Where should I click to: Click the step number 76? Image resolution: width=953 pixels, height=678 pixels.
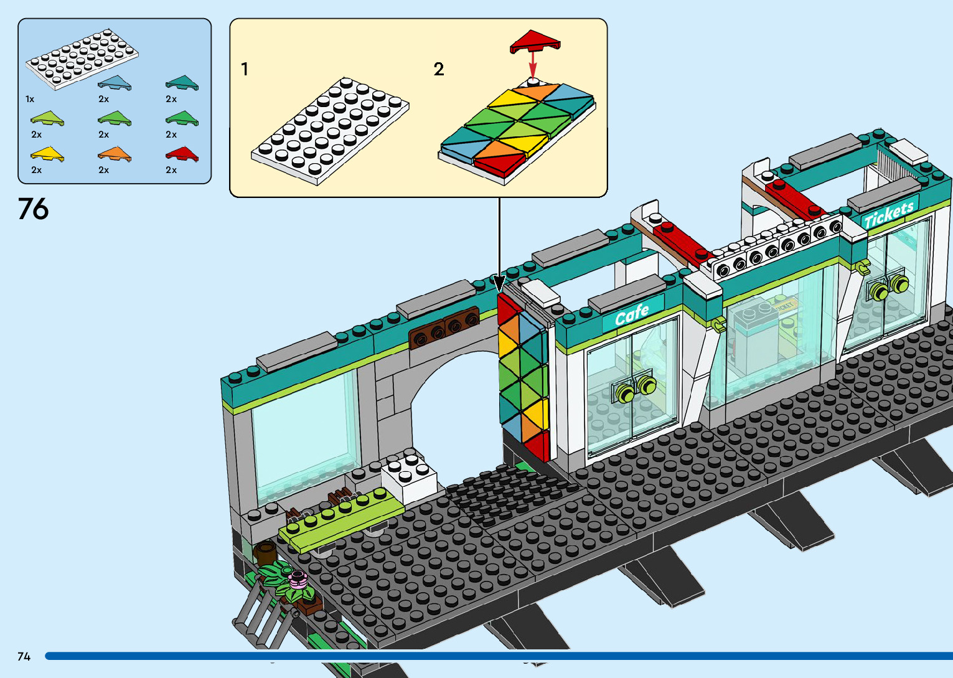33,209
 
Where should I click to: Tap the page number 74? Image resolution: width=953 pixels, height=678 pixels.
24,656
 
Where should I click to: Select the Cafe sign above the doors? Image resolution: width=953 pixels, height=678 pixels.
632,314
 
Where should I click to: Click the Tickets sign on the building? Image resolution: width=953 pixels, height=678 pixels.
889,214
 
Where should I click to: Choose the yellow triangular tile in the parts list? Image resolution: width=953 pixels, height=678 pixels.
47,154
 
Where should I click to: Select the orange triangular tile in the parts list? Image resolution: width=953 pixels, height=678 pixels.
115,154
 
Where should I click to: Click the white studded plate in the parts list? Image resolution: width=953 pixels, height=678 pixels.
81,60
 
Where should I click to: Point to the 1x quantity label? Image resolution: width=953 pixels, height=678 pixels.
30,99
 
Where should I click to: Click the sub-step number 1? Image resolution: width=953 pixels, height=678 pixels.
245,69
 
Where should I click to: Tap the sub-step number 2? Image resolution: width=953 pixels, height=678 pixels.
439,69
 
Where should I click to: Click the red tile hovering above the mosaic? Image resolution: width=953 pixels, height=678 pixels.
535,42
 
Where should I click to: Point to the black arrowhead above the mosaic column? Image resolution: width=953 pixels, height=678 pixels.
499,284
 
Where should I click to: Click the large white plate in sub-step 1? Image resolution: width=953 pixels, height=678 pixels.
330,130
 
